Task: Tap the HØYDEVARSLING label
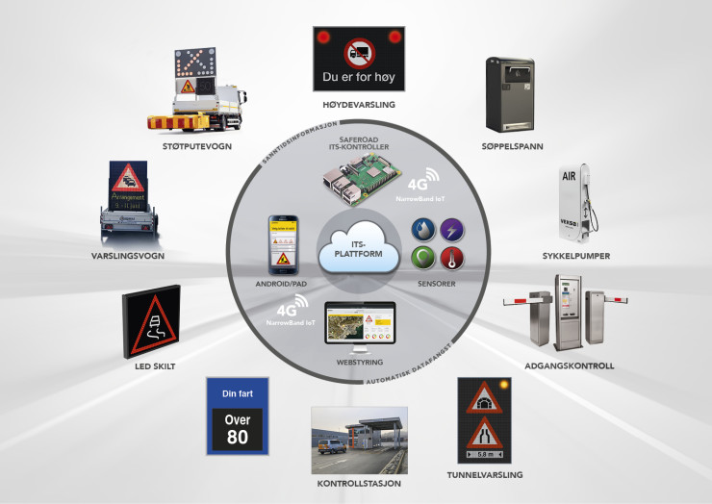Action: pyautogui.click(x=356, y=103)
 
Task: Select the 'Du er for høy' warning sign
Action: pyautogui.click(x=356, y=60)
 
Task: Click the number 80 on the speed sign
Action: pyautogui.click(x=237, y=435)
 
